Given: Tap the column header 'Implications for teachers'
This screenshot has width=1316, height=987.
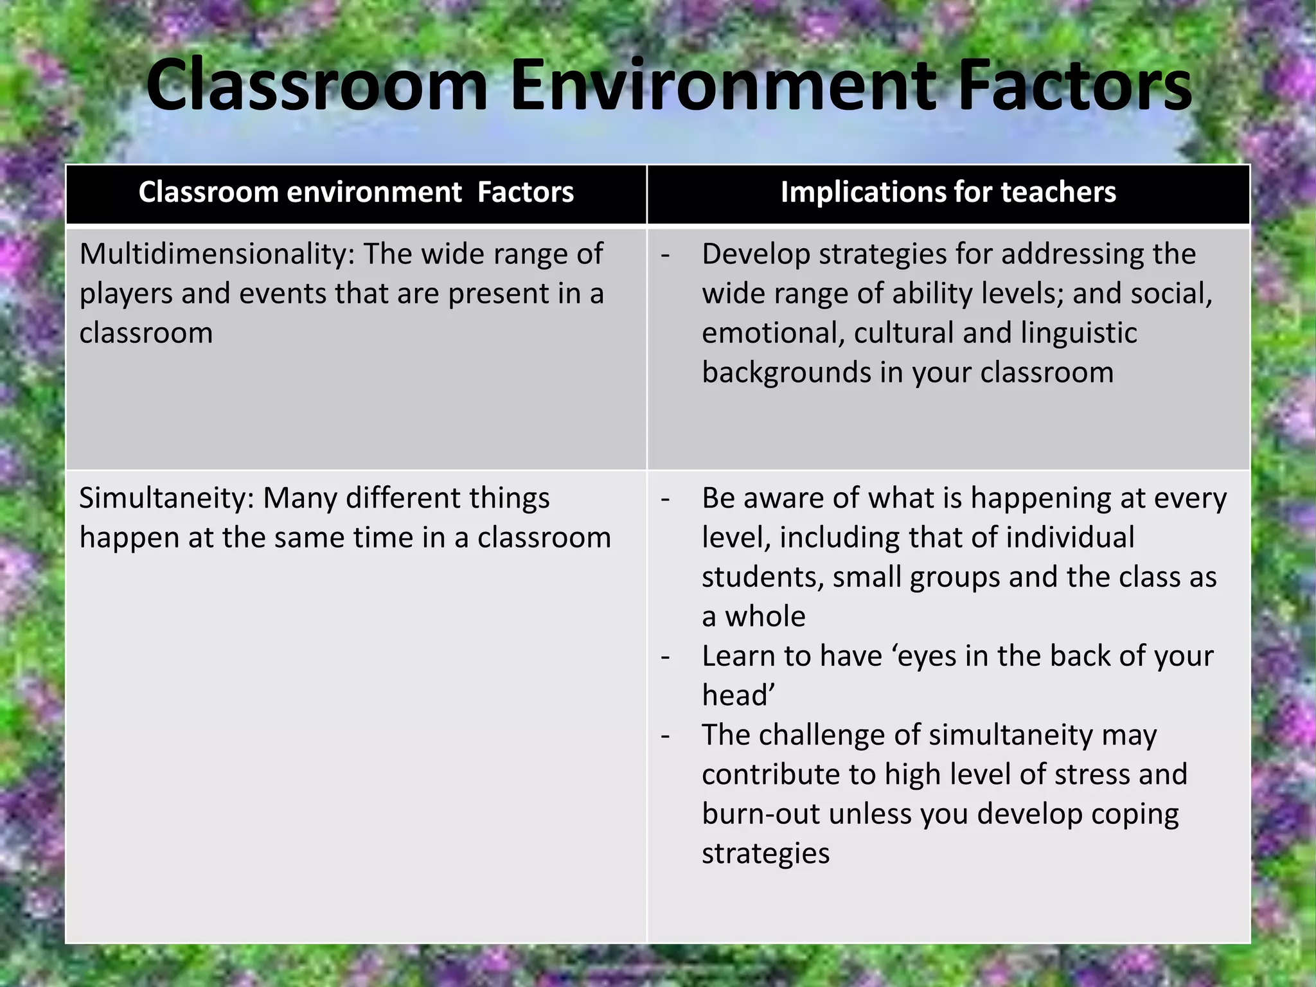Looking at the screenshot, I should pyautogui.click(x=948, y=192).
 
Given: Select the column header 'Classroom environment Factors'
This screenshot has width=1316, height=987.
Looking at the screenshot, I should pyautogui.click(x=356, y=192).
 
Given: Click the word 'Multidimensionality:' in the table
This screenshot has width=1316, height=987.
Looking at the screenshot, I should pyautogui.click(x=217, y=254).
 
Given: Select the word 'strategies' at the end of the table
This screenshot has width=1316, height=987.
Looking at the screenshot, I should pyautogui.click(x=765, y=854).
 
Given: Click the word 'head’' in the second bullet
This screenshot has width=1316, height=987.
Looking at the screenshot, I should pyautogui.click(x=738, y=696).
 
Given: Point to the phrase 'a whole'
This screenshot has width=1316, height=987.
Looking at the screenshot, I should pyautogui.click(x=753, y=617).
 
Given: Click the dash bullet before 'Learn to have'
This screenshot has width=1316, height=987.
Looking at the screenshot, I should pyautogui.click(x=666, y=657).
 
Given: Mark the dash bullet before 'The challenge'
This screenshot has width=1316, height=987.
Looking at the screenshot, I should pyautogui.click(x=666, y=736).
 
